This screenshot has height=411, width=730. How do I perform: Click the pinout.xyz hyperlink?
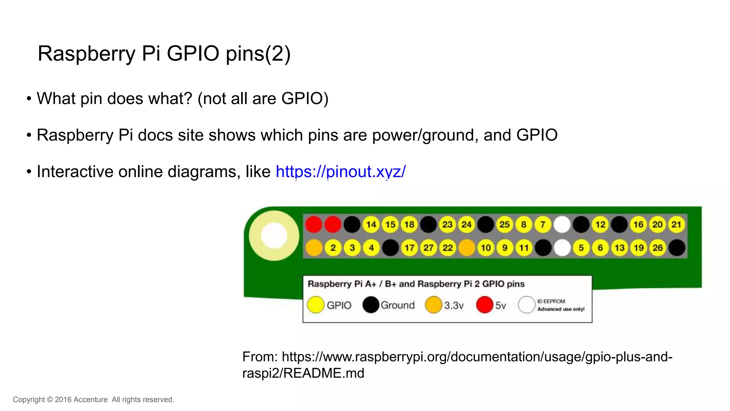(340, 172)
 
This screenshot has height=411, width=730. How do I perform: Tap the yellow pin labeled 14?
(371, 225)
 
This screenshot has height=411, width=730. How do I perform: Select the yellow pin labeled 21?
(676, 225)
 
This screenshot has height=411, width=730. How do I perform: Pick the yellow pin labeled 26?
(658, 248)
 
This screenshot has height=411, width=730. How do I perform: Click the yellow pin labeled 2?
(333, 248)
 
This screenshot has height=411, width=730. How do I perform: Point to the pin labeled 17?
(409, 248)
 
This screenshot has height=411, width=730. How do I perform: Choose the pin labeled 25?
(504, 225)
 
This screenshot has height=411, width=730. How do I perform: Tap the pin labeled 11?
(524, 248)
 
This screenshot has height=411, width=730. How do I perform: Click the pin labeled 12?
(600, 225)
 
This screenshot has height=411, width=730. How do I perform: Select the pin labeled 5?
(581, 248)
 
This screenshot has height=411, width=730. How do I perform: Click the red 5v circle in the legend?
(484, 305)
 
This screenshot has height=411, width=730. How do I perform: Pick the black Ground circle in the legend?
(371, 305)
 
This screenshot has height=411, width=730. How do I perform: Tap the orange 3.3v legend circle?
(433, 305)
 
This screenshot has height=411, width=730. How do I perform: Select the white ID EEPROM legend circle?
(526, 305)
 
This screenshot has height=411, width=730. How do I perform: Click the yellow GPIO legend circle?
(315, 305)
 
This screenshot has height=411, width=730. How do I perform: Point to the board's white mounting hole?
(274, 236)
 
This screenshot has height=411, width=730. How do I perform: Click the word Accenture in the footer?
(91, 400)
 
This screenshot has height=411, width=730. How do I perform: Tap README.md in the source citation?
(324, 373)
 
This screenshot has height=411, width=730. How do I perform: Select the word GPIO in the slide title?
(193, 53)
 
